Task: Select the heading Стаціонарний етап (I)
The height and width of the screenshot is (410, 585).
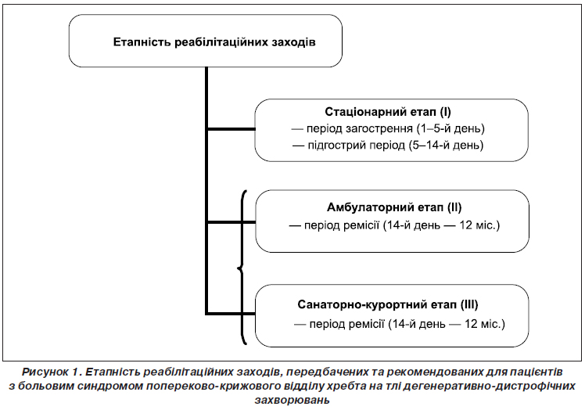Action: tap(388, 112)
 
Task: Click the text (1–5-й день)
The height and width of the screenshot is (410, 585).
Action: tap(450, 128)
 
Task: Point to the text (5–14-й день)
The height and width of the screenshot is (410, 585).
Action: tap(446, 145)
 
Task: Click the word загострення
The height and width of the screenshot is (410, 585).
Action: tap(379, 129)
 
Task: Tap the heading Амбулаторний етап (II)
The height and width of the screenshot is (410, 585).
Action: tap(394, 207)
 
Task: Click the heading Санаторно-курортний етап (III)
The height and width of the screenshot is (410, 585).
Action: tap(388, 304)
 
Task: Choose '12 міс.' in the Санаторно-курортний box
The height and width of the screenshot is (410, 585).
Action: tap(485, 323)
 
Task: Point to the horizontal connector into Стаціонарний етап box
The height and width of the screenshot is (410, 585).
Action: tap(231, 129)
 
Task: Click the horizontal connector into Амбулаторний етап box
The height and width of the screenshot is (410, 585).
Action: tap(231, 222)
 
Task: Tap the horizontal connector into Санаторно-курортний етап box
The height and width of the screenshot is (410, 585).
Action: tap(231, 313)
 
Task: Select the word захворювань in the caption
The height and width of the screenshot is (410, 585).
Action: tap(292, 401)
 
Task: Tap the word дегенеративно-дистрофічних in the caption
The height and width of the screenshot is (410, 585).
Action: tap(489, 386)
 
